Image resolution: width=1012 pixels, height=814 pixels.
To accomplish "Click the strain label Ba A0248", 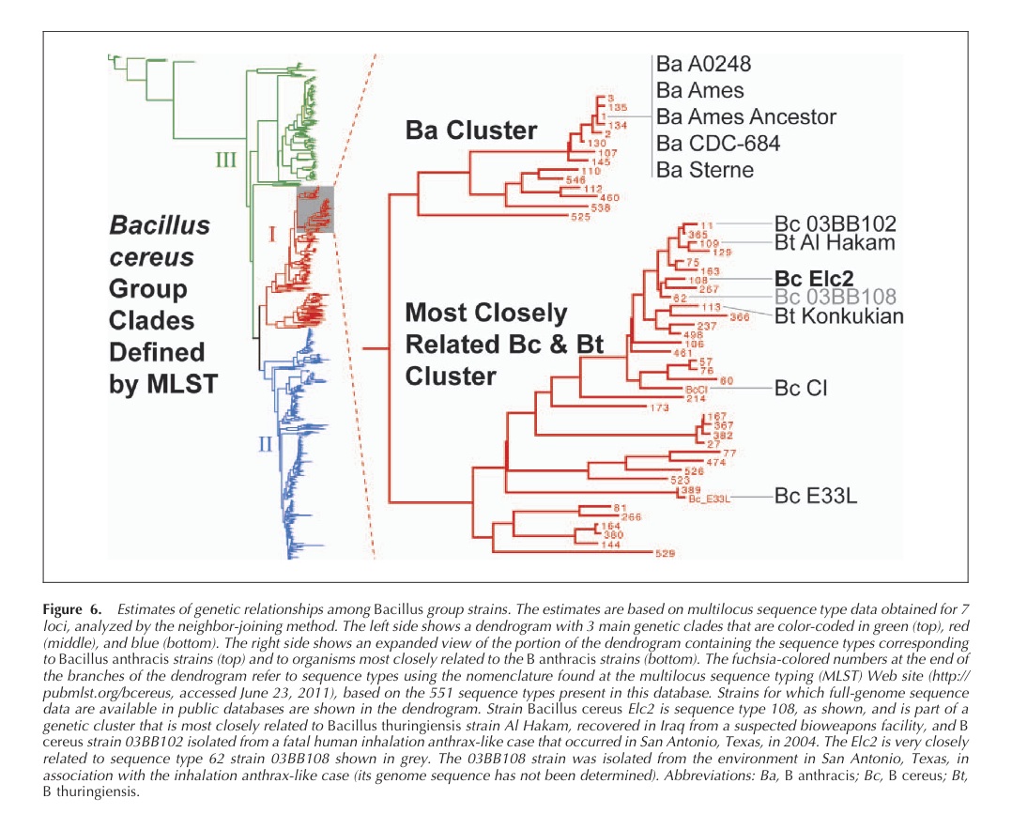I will pyautogui.click(x=704, y=64).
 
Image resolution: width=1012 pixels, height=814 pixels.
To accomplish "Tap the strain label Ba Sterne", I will pyautogui.click(x=705, y=170).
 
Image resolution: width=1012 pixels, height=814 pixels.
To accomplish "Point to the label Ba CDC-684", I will pyautogui.click(x=718, y=144).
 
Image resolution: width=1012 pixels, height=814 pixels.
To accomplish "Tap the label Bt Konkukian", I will pyautogui.click(x=839, y=315).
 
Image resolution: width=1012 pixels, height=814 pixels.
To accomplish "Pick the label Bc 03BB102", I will pyautogui.click(x=836, y=224).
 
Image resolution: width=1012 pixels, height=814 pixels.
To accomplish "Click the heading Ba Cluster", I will pyautogui.click(x=471, y=131).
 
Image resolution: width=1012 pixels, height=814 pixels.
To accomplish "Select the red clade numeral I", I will pyautogui.click(x=273, y=235).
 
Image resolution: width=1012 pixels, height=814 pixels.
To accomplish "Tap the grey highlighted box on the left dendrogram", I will pyautogui.click(x=314, y=208).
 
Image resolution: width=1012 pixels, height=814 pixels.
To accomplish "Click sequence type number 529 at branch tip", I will pyautogui.click(x=665, y=553).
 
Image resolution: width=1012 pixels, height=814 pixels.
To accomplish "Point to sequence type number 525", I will pyautogui.click(x=582, y=217).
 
